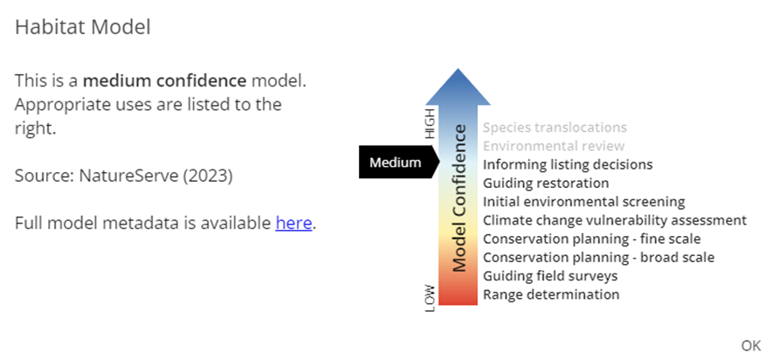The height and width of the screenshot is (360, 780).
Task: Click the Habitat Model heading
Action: (x=83, y=27)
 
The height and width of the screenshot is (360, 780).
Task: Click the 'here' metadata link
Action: (x=293, y=223)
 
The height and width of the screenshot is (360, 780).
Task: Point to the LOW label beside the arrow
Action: (x=429, y=297)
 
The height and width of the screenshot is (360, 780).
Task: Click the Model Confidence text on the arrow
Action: (x=459, y=197)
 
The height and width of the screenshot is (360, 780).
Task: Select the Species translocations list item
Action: (x=555, y=128)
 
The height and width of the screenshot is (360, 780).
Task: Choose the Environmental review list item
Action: (x=554, y=146)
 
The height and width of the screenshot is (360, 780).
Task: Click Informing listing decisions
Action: (x=568, y=164)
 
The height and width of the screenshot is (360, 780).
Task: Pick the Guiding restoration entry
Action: (x=546, y=183)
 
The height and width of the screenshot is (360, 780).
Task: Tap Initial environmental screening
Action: (x=583, y=202)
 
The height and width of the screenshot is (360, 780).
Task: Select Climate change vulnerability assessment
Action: (x=615, y=220)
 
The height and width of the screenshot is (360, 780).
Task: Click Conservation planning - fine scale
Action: (x=591, y=239)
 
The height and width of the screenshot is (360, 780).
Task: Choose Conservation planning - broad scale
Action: (x=598, y=257)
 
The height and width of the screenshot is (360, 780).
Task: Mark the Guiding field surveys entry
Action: (x=550, y=276)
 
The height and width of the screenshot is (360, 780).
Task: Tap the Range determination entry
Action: (x=551, y=294)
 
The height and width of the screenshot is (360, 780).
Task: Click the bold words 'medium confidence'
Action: (x=165, y=81)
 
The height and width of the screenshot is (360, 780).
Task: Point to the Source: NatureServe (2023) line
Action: (x=123, y=176)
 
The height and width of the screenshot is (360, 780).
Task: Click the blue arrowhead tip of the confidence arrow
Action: (x=459, y=77)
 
